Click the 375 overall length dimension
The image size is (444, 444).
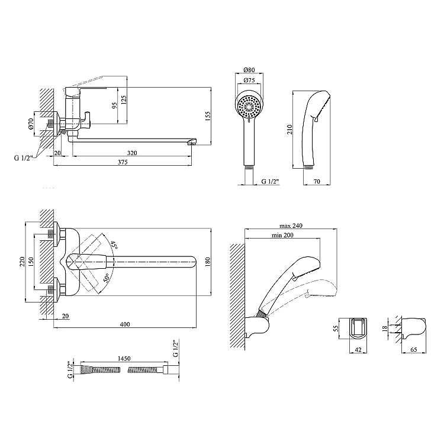123,162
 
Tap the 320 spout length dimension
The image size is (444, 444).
132,153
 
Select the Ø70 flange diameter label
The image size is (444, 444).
31,124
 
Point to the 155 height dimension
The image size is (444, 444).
208,117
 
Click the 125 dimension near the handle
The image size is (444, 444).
124,101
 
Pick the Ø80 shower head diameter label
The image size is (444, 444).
249,70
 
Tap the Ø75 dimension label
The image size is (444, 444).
249,80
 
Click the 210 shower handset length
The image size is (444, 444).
289,130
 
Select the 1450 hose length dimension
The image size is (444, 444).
124,359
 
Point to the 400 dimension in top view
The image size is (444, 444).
125,324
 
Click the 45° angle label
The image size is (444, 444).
114,244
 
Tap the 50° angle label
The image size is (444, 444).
106,278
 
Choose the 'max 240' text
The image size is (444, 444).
291,226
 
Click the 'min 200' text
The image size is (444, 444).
282,235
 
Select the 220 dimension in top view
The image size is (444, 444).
22,262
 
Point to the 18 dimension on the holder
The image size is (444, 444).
384,329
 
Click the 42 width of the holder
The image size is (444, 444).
358,350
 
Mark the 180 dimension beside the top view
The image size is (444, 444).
208,262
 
